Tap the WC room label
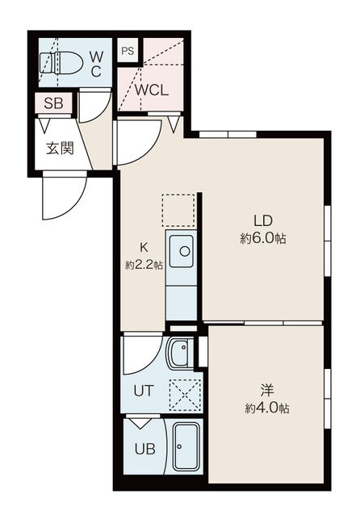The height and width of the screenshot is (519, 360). [x=95, y=63]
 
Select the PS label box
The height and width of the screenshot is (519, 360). [x=128, y=51]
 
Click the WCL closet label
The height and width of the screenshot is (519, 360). [x=151, y=90]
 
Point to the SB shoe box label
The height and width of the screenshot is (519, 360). [x=52, y=103]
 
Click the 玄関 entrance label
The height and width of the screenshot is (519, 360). [x=58, y=149]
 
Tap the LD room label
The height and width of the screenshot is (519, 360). [x=264, y=221]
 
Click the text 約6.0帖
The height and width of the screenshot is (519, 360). [x=264, y=239]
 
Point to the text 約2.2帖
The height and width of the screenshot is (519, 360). [x=144, y=265]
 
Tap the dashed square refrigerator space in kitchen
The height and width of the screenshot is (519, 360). [x=178, y=210]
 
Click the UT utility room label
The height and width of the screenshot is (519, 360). [x=143, y=391]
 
